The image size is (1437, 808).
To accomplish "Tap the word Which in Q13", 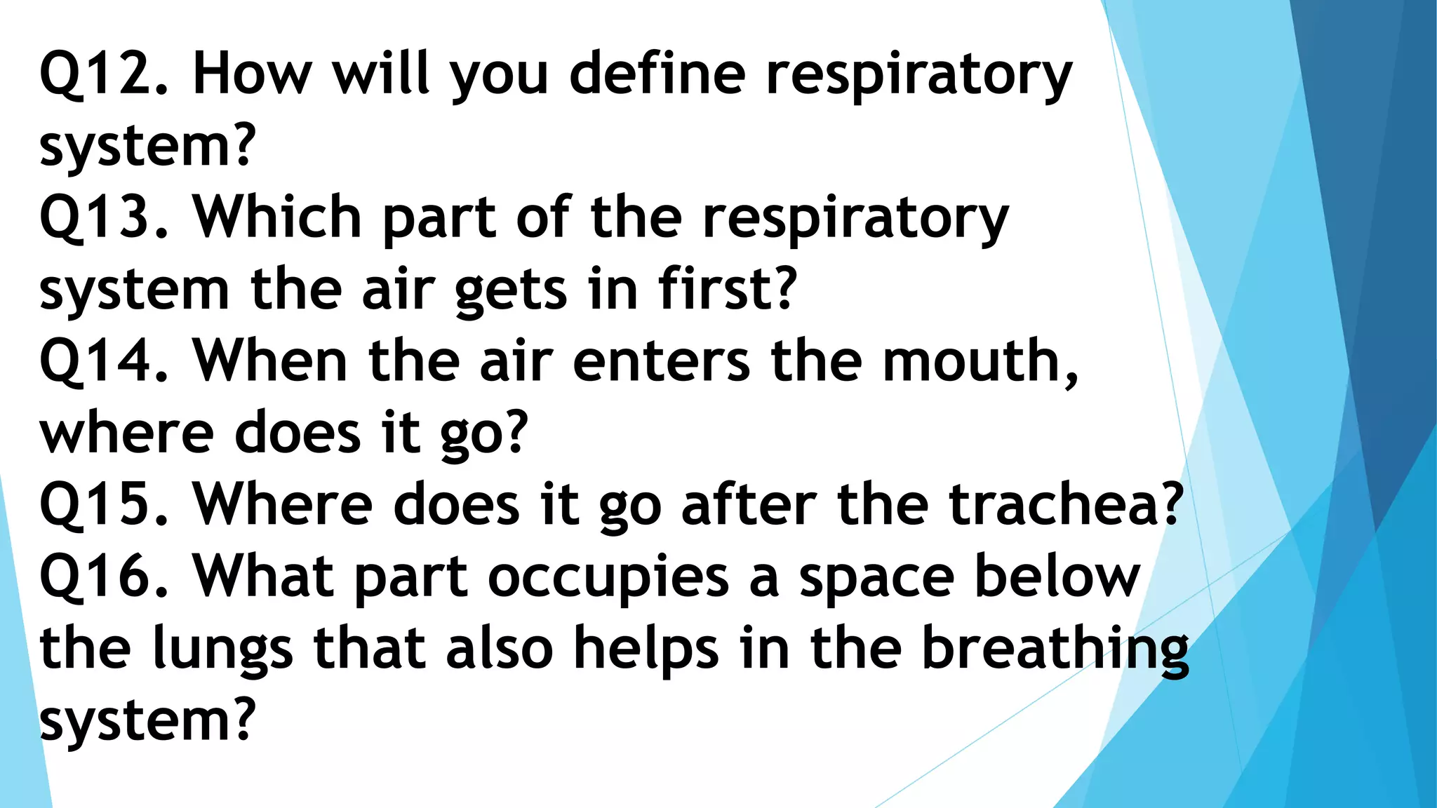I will (277, 217).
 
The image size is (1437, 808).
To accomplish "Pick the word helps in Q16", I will (646, 649).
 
